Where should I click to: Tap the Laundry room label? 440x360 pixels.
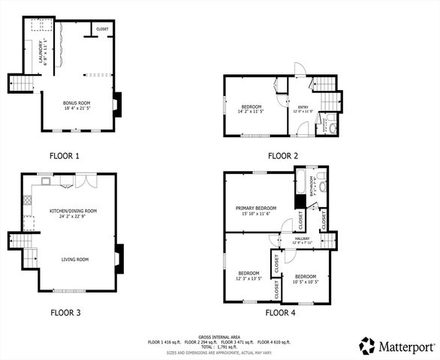pyautogui.click(x=45, y=52)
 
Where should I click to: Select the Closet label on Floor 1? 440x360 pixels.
pyautogui.click(x=102, y=29)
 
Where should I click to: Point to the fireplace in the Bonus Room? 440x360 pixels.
pyautogui.click(x=116, y=104)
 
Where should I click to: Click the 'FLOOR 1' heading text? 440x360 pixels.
pyautogui.click(x=65, y=156)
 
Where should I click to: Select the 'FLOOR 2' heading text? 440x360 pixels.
pyautogui.click(x=283, y=156)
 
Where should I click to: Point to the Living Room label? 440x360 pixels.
pyautogui.click(x=75, y=259)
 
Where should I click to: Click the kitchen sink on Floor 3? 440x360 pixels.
pyautogui.click(x=47, y=181)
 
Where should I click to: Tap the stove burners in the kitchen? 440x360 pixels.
pyautogui.click(x=29, y=222)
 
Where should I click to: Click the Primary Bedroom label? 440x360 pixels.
pyautogui.click(x=255, y=208)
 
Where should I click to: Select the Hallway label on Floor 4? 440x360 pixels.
pyautogui.click(x=303, y=238)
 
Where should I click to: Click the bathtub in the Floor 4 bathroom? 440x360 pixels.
pyautogui.click(x=302, y=181)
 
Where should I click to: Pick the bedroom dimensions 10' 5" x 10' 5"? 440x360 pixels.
pyautogui.click(x=306, y=281)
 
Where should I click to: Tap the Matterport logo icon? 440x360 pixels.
pyautogui.click(x=366, y=346)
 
